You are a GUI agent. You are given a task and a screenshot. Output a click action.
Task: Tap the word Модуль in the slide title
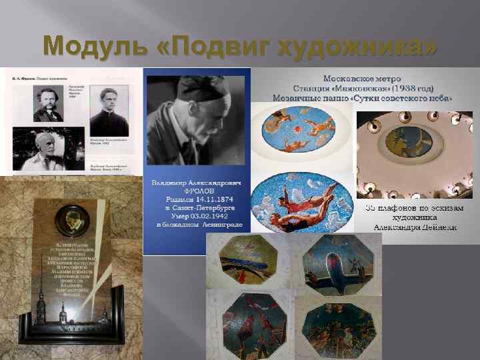point(93,47)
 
